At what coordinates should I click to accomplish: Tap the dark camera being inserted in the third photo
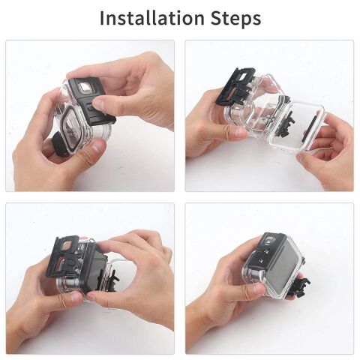coord(94,270)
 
